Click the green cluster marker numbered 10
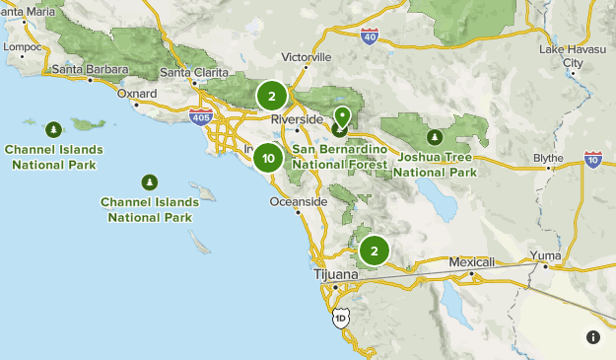tap(268, 158)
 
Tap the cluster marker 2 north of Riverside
tap(272, 97)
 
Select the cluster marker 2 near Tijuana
tap(375, 252)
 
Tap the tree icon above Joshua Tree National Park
tap(434, 136)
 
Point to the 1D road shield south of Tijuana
tap(340, 318)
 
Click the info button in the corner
tap(592, 337)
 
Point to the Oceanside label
tap(298, 201)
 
